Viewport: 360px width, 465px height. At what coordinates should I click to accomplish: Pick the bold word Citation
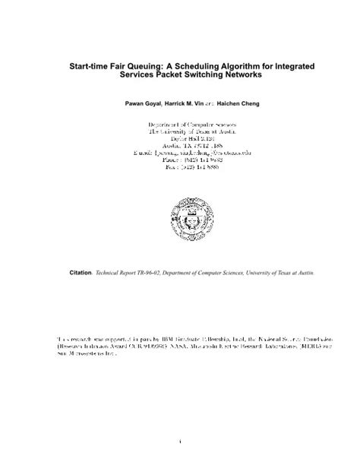coord(80,271)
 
